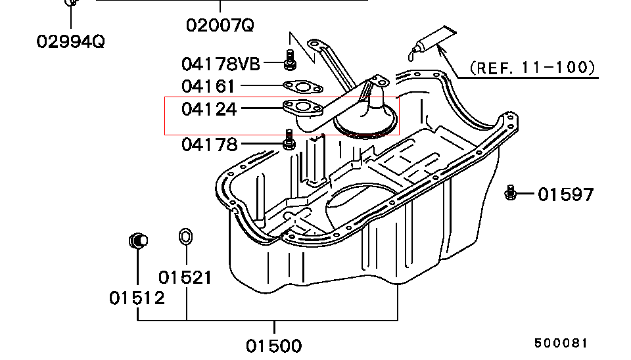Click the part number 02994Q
[70, 41]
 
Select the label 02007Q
[220, 26]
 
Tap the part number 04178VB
[221, 64]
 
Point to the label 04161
[208, 86]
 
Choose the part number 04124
[208, 108]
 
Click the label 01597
[566, 194]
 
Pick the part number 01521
[185, 277]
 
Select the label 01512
[137, 298]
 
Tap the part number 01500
[274, 346]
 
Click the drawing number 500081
[560, 343]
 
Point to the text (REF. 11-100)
[532, 67]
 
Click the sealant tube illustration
[431, 40]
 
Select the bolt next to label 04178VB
[289, 59]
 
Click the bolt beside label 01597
[510, 192]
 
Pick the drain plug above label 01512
[137, 240]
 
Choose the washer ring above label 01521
[186, 236]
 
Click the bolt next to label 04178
[289, 140]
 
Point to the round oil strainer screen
[365, 123]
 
